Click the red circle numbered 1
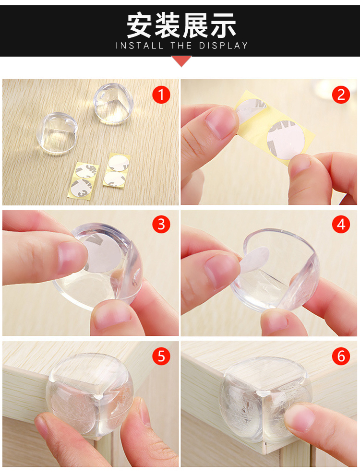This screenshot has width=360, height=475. pos(161,95)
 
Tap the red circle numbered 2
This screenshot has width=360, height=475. pos(341,95)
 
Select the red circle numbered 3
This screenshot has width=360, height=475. pos(161,225)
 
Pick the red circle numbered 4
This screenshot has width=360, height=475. pos(341,225)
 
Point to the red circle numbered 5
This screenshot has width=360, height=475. pos(161,356)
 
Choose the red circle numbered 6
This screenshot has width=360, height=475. pos(341,356)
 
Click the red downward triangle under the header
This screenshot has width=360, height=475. pos(181,60)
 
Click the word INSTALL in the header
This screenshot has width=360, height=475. pos(140,46)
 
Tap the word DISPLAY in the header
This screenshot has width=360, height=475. pos(223,46)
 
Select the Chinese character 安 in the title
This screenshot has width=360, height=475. pos(139,25)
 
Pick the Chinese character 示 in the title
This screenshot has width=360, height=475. pos(223,25)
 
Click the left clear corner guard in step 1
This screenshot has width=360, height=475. pos(57,133)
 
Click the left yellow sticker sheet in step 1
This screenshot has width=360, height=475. pos(83,180)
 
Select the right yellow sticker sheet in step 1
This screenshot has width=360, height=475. pos(117,170)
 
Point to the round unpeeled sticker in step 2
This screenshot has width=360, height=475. pos(286,140)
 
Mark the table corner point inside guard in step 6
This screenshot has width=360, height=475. pos(264,393)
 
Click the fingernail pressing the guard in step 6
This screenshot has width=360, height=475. pos(299,418)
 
